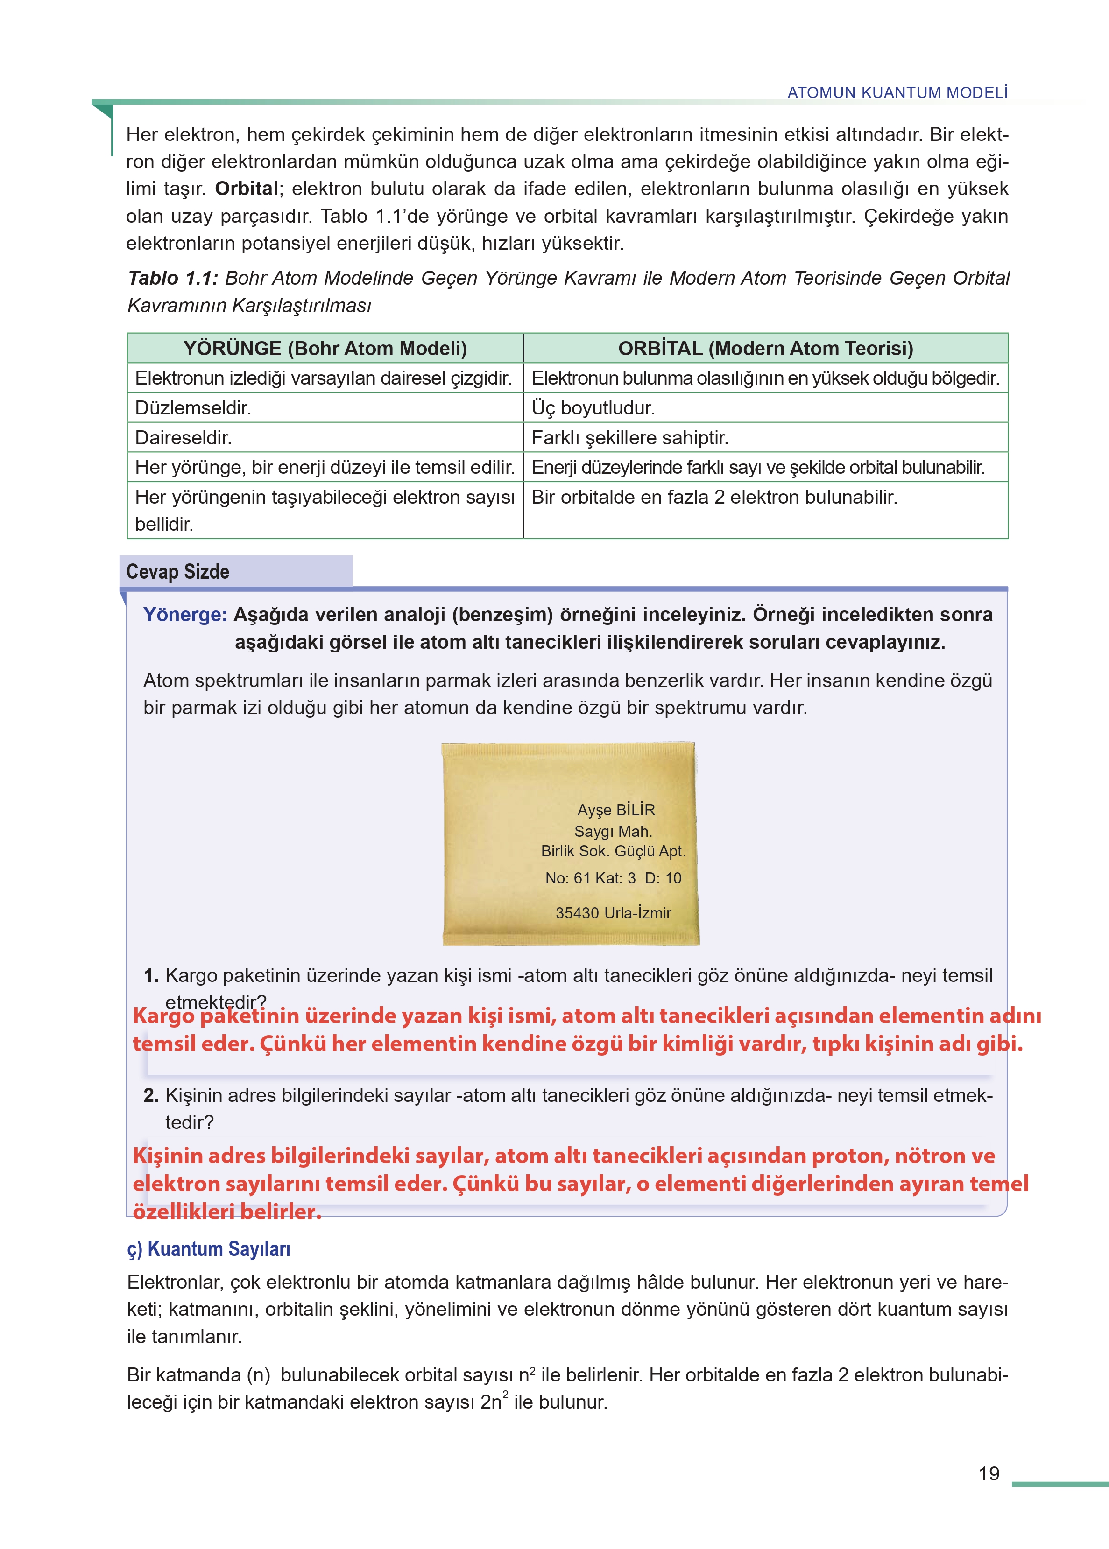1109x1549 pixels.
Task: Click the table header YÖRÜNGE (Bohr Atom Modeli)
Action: [325, 349]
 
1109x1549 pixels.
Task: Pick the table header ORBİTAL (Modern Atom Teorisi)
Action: [765, 349]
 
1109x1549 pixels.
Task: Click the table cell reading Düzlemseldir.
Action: [193, 408]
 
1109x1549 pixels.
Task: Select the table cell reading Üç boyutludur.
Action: [593, 408]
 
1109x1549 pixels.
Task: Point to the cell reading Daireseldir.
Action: [184, 437]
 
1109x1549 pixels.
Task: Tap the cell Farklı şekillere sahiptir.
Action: [629, 437]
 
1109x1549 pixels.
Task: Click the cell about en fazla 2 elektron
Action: [713, 498]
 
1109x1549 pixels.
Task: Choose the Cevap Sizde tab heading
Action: [178, 572]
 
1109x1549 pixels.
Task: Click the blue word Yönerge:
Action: [185, 615]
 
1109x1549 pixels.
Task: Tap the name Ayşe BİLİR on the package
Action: [616, 810]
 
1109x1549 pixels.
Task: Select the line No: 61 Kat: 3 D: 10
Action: [613, 878]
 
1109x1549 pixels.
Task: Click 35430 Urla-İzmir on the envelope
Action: [613, 913]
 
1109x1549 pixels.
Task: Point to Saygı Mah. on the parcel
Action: [613, 831]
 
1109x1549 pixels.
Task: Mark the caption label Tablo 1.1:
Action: [173, 279]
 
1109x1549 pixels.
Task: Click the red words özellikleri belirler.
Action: [227, 1212]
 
